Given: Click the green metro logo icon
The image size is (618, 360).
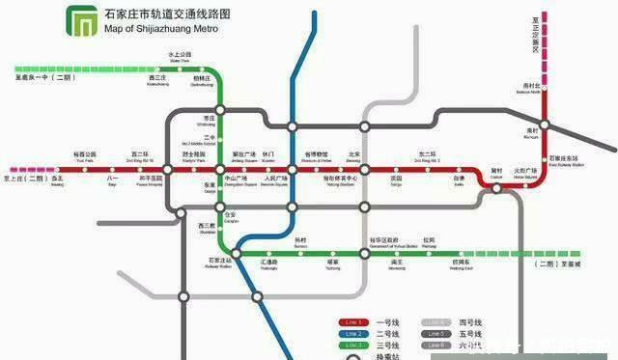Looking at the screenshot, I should (x=80, y=20).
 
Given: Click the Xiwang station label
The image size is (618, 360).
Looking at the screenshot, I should (x=57, y=180).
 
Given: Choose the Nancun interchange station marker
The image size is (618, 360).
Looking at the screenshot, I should (x=545, y=124).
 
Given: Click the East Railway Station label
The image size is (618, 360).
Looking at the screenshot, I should (x=564, y=159).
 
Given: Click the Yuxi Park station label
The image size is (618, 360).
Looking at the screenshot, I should (x=86, y=156).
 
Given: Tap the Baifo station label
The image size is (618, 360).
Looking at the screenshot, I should (x=460, y=180).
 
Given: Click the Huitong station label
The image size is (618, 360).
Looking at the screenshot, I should (x=269, y=263).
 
